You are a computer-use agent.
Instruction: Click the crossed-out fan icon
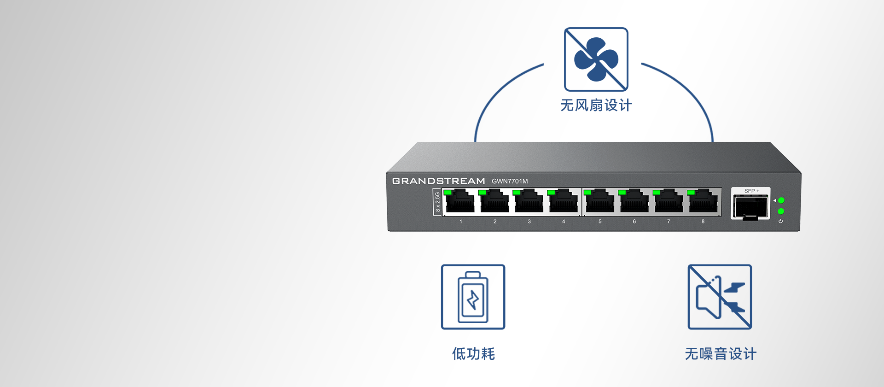click(x=596, y=59)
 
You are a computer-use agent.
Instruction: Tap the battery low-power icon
click(x=473, y=297)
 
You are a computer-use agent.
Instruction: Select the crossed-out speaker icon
click(x=720, y=297)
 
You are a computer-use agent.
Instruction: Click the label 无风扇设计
click(x=596, y=106)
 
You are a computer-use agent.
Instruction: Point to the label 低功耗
click(x=473, y=354)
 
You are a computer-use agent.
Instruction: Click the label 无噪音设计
click(x=721, y=354)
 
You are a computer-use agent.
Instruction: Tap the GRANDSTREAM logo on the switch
click(x=438, y=181)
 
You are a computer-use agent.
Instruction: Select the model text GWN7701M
click(x=510, y=181)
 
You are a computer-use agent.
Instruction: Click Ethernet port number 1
click(x=460, y=203)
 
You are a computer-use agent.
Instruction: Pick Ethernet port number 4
click(x=564, y=203)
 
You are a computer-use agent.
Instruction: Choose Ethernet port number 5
click(x=600, y=203)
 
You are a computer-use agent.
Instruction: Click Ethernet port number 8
click(x=703, y=203)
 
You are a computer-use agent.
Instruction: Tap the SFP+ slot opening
click(x=751, y=206)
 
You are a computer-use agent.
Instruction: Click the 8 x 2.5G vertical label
click(x=437, y=202)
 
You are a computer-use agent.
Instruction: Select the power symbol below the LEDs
click(x=780, y=221)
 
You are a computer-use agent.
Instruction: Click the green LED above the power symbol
click(x=781, y=211)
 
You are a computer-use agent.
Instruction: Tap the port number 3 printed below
click(x=529, y=222)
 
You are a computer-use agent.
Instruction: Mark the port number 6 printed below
click(x=634, y=222)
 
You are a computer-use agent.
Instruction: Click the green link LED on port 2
click(x=482, y=193)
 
